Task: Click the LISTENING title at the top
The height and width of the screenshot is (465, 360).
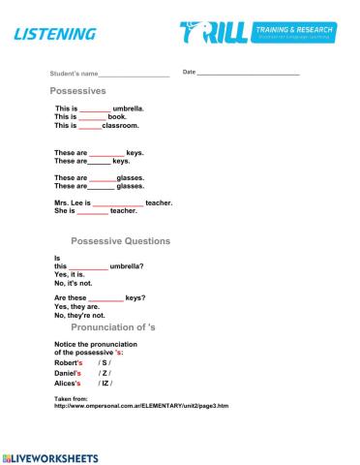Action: click(55, 35)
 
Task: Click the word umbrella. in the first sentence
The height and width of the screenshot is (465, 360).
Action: click(130, 108)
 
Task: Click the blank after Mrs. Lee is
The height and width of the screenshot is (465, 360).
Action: click(117, 202)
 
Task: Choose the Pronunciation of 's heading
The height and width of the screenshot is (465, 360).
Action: click(120, 328)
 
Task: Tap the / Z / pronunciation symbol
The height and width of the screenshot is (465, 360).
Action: click(105, 373)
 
